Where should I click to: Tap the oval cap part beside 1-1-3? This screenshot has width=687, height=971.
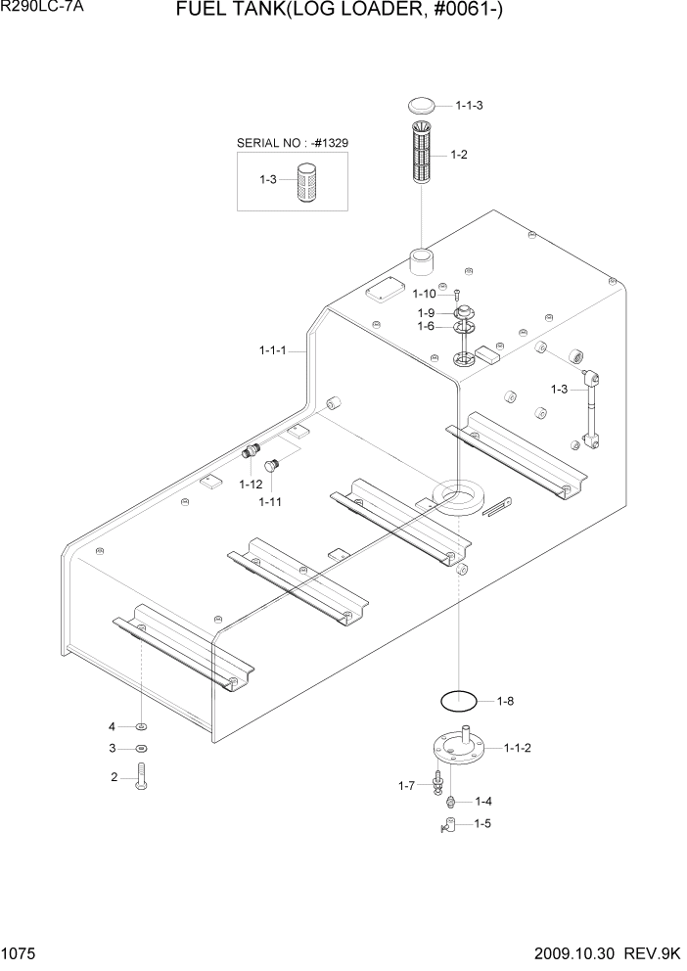(423, 105)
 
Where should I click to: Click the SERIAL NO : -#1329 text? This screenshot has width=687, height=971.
(293, 143)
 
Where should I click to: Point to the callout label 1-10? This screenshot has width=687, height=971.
(424, 294)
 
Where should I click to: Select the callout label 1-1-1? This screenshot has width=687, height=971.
(273, 349)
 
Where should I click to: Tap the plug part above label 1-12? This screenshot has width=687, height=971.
(252, 452)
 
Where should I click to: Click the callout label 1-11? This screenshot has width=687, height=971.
(271, 502)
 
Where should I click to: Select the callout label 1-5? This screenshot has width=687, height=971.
(482, 824)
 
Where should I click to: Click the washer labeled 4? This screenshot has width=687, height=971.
(142, 726)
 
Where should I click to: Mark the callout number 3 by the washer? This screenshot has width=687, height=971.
(113, 749)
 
